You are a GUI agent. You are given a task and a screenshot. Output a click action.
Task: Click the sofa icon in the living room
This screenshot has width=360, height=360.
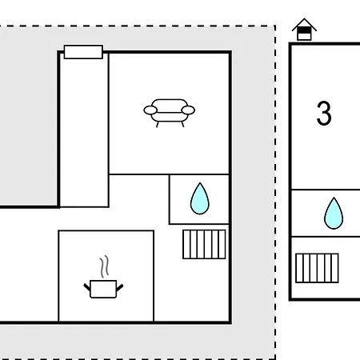170,113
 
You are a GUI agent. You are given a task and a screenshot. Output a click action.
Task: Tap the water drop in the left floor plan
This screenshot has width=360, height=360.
200,198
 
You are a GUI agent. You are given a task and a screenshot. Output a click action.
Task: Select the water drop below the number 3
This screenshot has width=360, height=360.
334,214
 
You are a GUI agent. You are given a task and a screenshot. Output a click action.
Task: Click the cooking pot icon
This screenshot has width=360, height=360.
103,289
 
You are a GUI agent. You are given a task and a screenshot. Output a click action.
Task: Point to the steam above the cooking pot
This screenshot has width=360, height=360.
105,266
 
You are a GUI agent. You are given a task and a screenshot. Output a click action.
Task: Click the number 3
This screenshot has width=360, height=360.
324,113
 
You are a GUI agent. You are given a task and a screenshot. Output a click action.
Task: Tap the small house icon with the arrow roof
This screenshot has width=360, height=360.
304,30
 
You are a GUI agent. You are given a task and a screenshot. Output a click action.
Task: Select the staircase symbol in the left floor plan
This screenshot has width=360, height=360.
204,244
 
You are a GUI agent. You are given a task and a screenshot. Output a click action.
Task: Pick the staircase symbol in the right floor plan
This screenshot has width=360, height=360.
317,268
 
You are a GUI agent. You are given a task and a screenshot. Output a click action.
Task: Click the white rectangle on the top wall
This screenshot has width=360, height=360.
83,52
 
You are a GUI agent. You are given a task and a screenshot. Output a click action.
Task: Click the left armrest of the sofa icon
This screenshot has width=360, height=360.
150,110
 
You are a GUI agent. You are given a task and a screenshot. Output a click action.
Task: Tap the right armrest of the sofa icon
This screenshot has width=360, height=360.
188,110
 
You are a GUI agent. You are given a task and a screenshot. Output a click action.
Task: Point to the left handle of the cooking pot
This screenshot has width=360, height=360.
87,287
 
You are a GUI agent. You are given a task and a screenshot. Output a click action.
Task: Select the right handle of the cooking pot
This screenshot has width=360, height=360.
120,287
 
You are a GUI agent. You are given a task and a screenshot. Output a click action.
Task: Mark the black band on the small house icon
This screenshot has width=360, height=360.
304,30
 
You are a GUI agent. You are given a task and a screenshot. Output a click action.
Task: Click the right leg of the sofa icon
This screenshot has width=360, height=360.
182,124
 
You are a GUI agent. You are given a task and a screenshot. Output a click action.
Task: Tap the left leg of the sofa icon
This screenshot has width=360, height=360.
158,124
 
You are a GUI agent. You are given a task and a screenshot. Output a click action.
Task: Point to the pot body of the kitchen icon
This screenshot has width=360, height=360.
103,289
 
